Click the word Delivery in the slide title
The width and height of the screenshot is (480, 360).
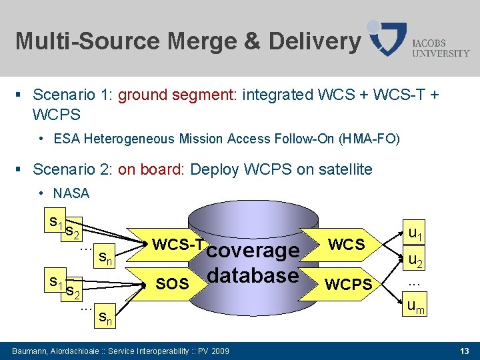[314, 41]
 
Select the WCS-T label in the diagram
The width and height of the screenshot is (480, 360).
[177, 245]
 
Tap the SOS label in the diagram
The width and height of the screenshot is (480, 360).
[171, 284]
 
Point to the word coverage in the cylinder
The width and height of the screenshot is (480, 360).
[253, 251]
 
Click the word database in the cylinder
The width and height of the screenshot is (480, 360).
[253, 275]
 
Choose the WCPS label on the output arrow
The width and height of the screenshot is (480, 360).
[348, 285]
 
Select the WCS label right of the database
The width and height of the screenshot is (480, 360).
[347, 245]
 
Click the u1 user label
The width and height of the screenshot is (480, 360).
[415, 233]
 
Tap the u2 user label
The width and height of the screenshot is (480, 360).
[415, 259]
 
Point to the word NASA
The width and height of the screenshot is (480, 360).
[71, 193]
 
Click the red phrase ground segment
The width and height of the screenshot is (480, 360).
[177, 95]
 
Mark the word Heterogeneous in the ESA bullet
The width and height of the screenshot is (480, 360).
[126, 139]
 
